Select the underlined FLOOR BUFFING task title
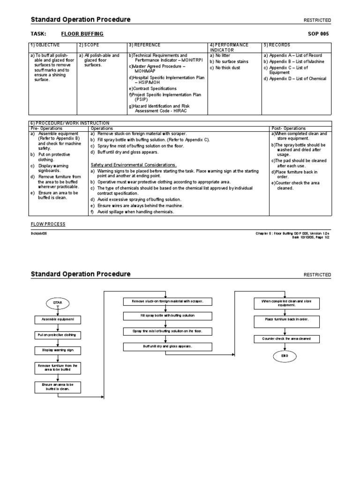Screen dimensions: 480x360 click(x=82, y=34)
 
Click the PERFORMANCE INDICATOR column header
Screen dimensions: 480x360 click(x=229, y=47)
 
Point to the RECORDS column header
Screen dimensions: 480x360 click(x=277, y=45)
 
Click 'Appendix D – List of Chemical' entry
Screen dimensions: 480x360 click(x=295, y=79)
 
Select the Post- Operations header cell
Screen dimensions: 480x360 click(x=288, y=128)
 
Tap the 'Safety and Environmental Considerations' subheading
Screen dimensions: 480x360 click(x=134, y=165)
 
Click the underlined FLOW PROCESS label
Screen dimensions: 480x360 click(x=48, y=224)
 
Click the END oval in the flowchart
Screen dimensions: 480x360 click(x=285, y=356)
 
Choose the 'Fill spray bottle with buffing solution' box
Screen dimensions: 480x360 click(x=167, y=316)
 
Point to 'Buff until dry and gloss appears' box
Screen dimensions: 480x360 click(x=167, y=346)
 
